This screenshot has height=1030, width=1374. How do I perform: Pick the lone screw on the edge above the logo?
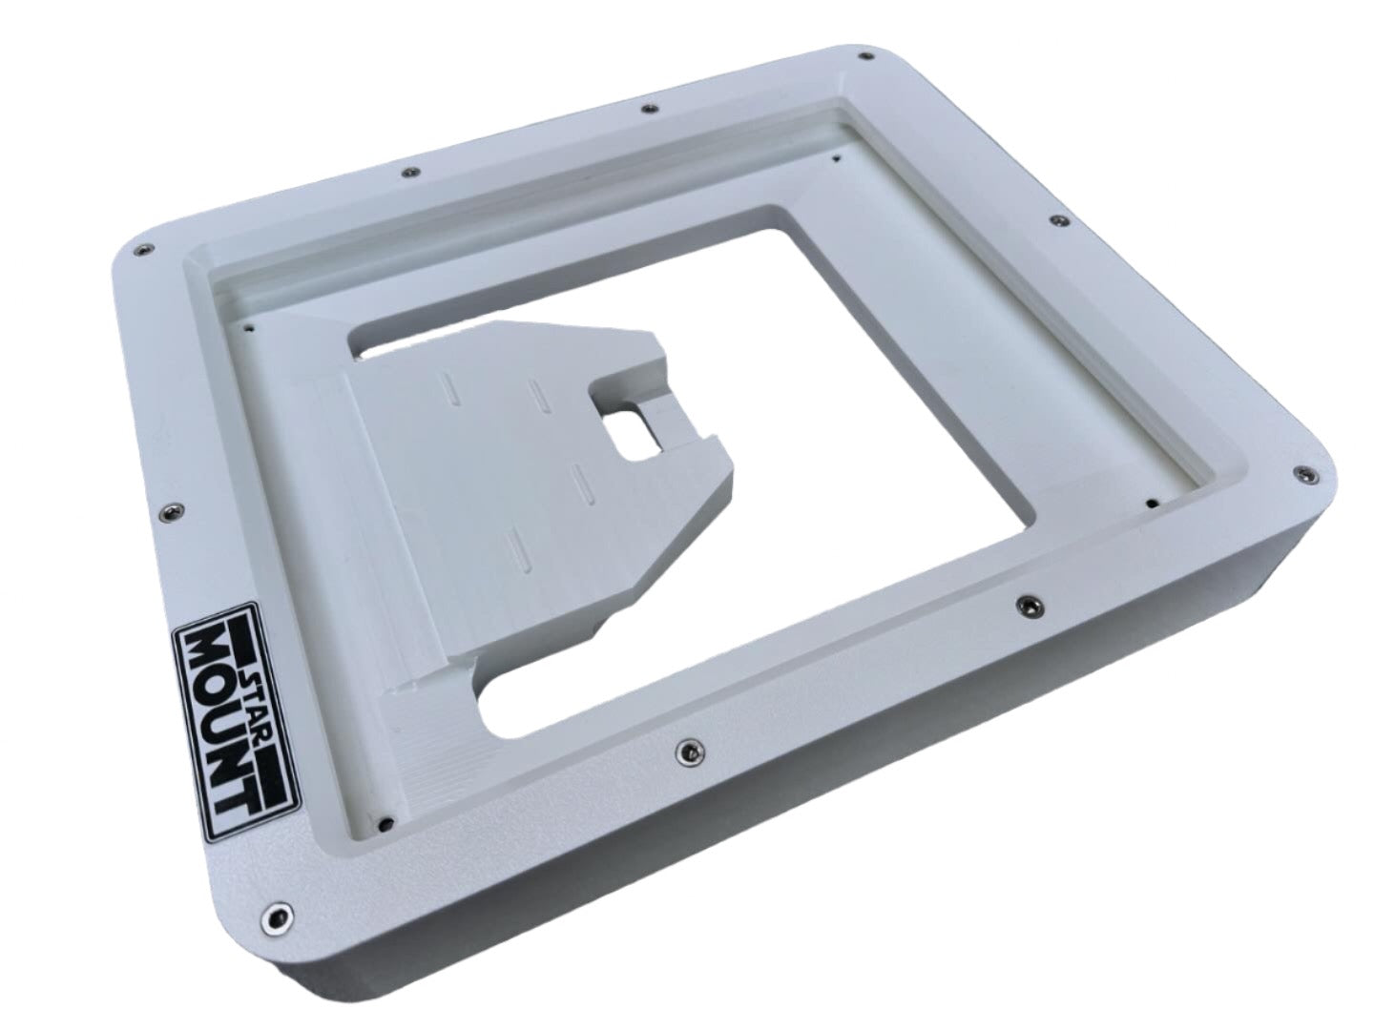click(x=172, y=509)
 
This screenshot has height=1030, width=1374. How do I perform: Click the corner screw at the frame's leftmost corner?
click(x=141, y=248)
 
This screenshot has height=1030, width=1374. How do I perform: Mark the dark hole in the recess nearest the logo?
click(x=383, y=821)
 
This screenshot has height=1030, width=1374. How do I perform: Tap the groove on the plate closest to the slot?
click(x=579, y=482)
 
